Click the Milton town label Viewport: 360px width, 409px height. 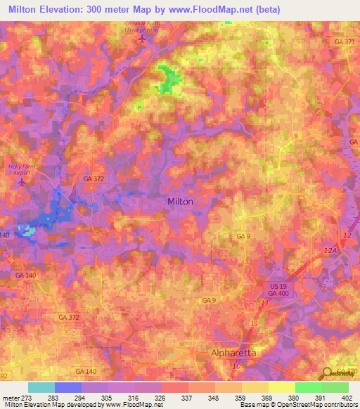click(180, 201)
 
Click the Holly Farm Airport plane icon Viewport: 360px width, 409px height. click(21, 182)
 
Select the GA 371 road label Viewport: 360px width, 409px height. click(342, 44)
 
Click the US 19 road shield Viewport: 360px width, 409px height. click(278, 288)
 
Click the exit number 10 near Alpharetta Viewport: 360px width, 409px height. click(237, 366)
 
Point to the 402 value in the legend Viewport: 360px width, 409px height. click(347, 397)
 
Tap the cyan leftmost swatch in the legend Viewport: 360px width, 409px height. click(41, 387)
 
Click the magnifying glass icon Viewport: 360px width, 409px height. click(328, 373)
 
